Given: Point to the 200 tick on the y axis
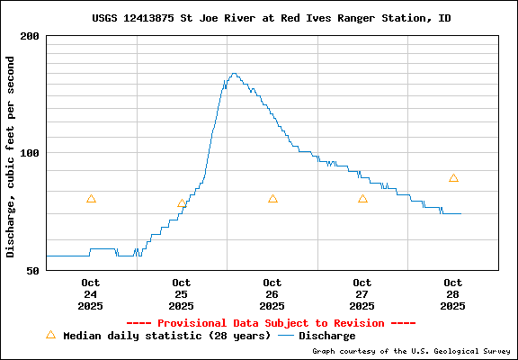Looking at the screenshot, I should pyautogui.click(x=30, y=36).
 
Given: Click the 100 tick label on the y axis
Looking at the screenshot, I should pyautogui.click(x=30, y=153).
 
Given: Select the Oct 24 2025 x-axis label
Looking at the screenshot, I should pyautogui.click(x=91, y=294).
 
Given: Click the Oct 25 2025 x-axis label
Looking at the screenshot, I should pyautogui.click(x=181, y=294).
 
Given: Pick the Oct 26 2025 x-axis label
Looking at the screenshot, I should pyautogui.click(x=272, y=294).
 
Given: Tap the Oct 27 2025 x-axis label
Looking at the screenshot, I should pyautogui.click(x=362, y=294).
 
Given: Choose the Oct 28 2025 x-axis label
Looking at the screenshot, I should pyautogui.click(x=452, y=294).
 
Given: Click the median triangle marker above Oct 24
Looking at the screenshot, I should pyautogui.click(x=91, y=199).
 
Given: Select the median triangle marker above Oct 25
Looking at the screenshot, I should pyautogui.click(x=182, y=203).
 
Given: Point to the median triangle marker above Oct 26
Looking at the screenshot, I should pyautogui.click(x=272, y=199).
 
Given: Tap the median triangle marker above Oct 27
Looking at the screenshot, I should pyautogui.click(x=362, y=199).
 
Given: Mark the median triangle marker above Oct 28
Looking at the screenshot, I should pyautogui.click(x=453, y=178).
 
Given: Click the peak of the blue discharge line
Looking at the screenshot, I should pyautogui.click(x=234, y=74).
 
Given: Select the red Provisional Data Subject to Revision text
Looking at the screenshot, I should pyautogui.click(x=271, y=323).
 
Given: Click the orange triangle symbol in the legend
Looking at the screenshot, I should pyautogui.click(x=50, y=335).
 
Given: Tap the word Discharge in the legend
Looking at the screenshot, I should pyautogui.click(x=326, y=336).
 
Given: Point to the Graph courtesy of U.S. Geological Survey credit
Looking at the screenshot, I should pyautogui.click(x=411, y=352).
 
